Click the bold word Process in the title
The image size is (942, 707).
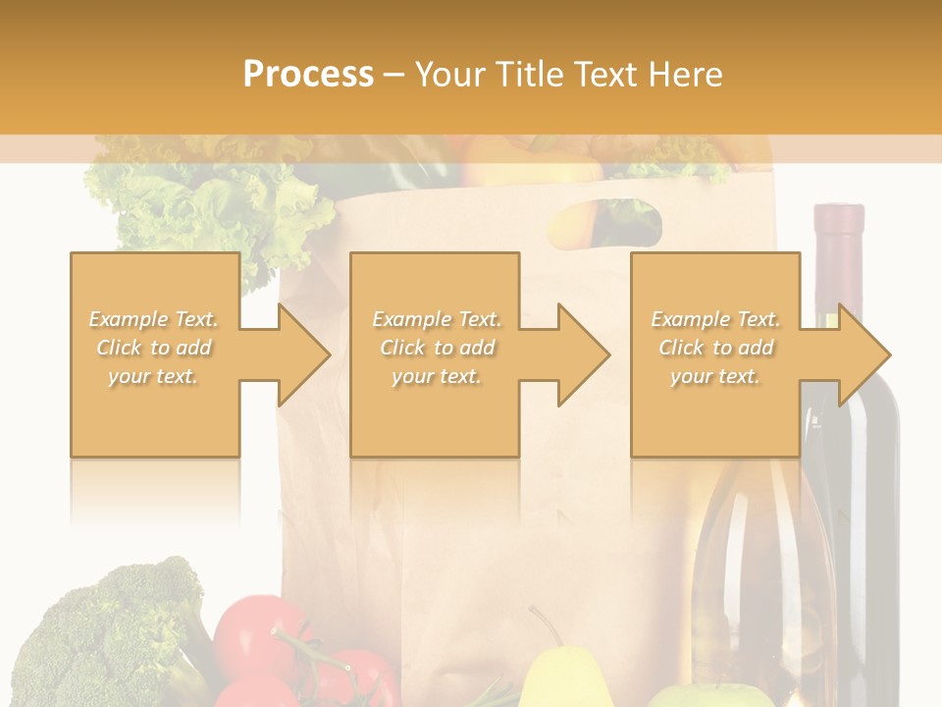[x=308, y=75]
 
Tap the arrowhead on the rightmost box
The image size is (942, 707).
[x=863, y=354]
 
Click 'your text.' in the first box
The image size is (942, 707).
[x=153, y=376]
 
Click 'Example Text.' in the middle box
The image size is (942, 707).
[x=436, y=319]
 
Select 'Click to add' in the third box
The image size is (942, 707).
[x=715, y=348]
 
